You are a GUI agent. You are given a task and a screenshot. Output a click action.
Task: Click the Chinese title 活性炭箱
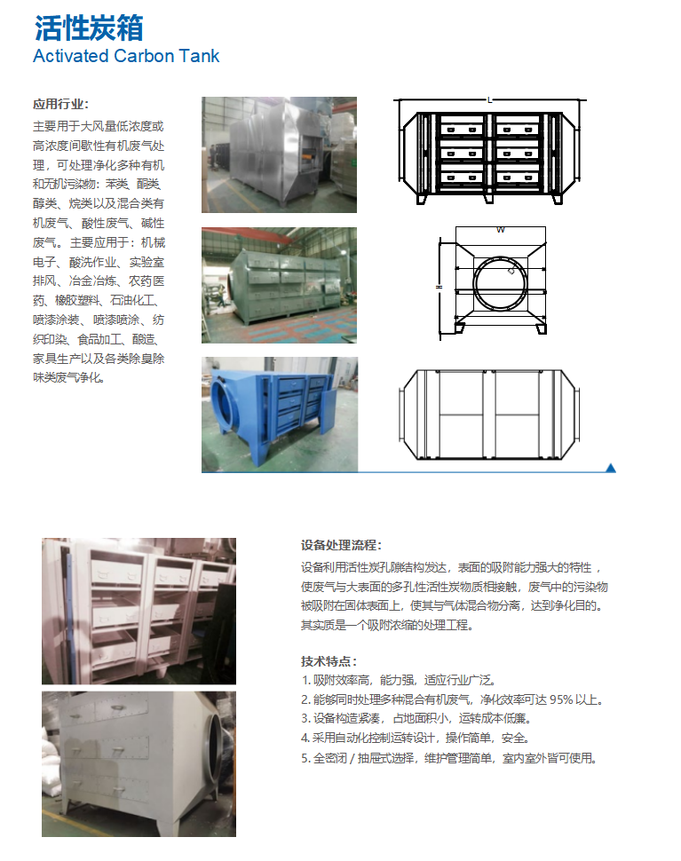89,28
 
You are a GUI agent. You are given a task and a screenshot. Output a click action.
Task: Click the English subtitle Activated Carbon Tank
126,56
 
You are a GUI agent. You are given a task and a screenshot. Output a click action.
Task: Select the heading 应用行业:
61,105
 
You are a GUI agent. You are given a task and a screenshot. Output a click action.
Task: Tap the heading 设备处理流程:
341,545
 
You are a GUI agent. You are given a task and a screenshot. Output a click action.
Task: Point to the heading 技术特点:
329,661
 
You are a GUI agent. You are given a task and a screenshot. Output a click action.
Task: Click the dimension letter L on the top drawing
490,100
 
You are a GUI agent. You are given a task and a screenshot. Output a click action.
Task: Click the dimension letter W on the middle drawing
500,230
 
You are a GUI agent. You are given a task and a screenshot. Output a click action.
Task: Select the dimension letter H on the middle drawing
439,287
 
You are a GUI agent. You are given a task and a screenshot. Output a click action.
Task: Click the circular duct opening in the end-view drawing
500,258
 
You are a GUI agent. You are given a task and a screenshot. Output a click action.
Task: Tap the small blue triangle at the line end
610,468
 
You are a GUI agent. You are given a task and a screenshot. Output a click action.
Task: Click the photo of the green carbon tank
279,286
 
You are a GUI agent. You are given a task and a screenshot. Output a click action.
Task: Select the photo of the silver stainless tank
279,154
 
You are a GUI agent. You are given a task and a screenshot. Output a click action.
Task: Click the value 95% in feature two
561,699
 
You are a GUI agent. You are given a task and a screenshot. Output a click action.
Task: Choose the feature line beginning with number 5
448,758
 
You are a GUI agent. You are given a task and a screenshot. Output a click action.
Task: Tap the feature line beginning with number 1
398,680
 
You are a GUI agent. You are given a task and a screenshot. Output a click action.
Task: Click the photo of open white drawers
139,611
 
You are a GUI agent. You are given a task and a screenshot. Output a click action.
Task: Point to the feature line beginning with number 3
416,718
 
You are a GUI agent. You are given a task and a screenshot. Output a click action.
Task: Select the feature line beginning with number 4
416,738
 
